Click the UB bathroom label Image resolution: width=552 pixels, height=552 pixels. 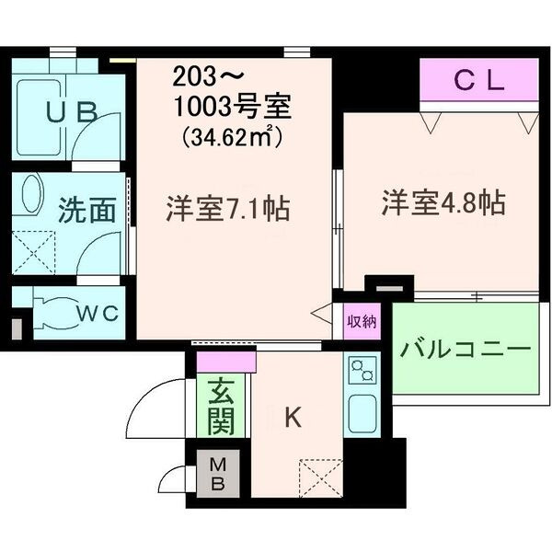tap(72, 112)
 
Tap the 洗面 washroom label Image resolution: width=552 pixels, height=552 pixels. tap(86, 211)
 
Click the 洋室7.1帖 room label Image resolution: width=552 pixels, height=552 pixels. tap(227, 207)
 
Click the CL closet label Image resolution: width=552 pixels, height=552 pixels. tap(479, 81)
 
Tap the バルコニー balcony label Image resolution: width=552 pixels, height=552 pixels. tap(466, 351)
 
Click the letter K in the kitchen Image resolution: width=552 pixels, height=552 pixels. tap(292, 418)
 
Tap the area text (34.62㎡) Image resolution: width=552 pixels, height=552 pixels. tap(231, 138)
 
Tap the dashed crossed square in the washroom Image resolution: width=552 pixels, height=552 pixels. tap(33, 251)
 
